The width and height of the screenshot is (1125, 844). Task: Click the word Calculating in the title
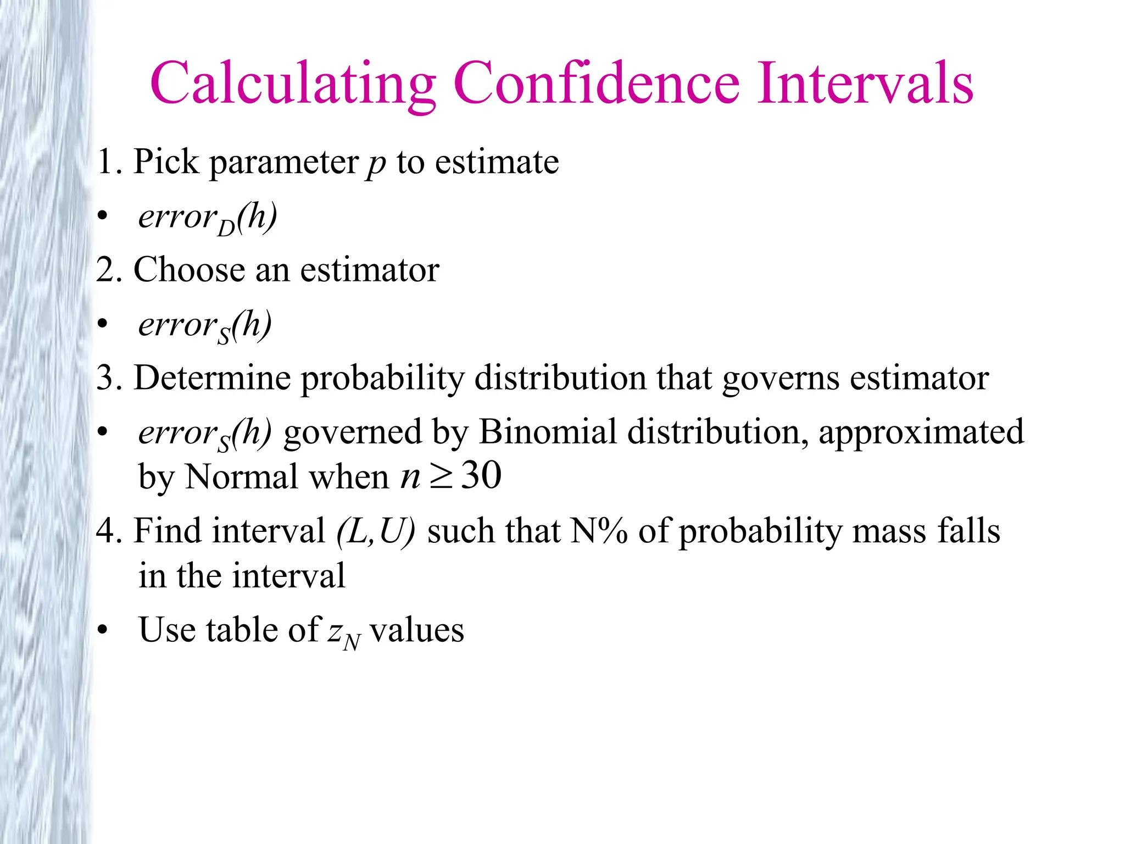(293, 84)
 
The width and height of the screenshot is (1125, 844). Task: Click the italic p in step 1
(376, 163)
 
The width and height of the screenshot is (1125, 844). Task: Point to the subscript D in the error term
(226, 227)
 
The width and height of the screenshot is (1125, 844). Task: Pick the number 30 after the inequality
(481, 475)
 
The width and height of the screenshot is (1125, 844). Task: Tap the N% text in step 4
(599, 531)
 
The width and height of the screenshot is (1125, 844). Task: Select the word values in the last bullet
(417, 630)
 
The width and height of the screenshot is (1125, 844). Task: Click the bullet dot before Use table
(103, 630)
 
